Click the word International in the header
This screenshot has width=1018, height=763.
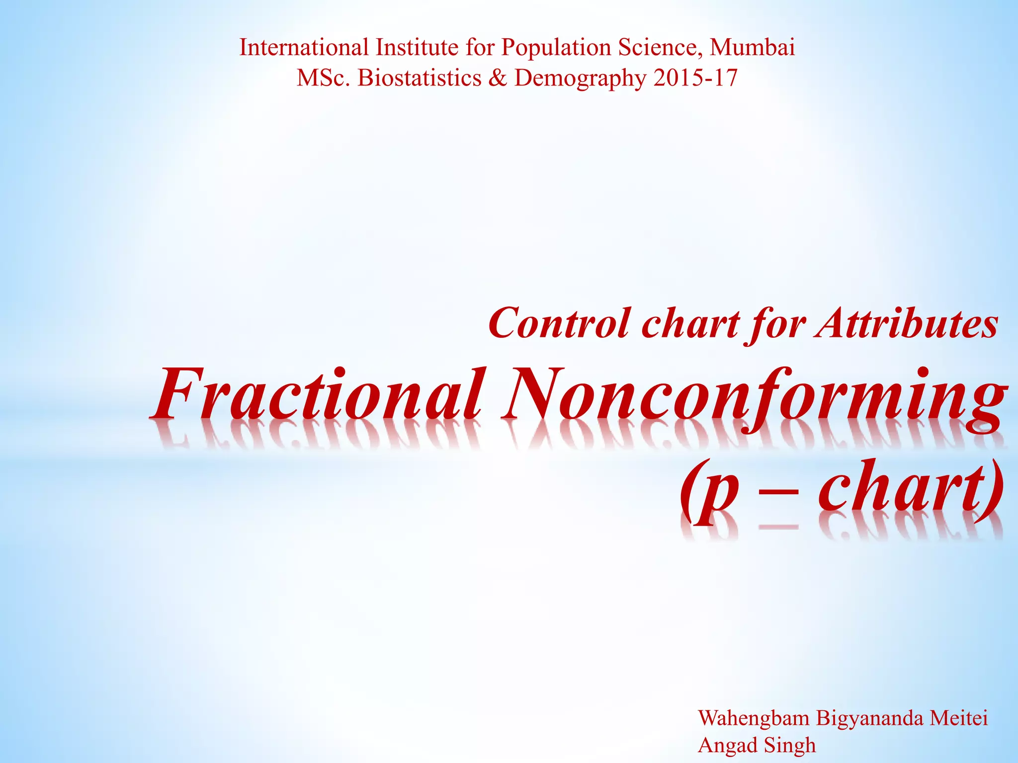304,48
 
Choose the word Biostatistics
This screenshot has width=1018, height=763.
420,78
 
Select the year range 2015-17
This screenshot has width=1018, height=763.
695,78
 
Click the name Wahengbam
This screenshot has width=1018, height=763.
753,719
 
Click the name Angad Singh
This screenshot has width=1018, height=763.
757,746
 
